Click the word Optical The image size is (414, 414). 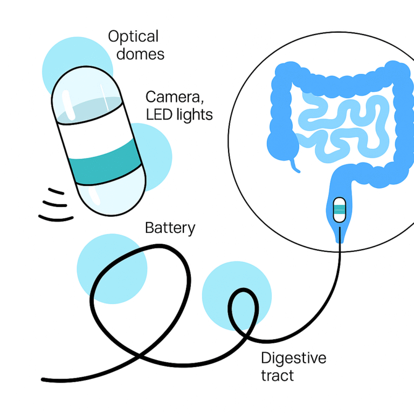(x=133, y=37)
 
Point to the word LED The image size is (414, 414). (x=161, y=114)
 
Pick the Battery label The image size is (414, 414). (x=170, y=228)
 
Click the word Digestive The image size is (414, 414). (x=293, y=358)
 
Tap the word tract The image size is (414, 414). (x=278, y=375)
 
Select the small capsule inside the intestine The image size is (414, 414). (x=340, y=209)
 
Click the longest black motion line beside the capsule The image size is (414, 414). (x=56, y=218)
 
